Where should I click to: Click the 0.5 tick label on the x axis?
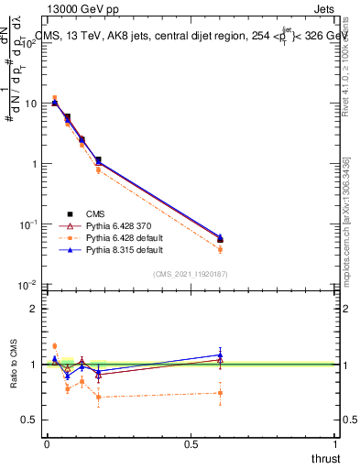[x=191, y=444]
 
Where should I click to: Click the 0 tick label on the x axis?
[x=47, y=444]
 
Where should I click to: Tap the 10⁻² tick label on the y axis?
[x=30, y=285]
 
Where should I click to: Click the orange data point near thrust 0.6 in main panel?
[x=220, y=249]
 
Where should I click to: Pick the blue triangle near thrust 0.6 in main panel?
[x=220, y=236]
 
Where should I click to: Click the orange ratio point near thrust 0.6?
[x=220, y=393]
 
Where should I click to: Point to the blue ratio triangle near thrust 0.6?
[x=220, y=354]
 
